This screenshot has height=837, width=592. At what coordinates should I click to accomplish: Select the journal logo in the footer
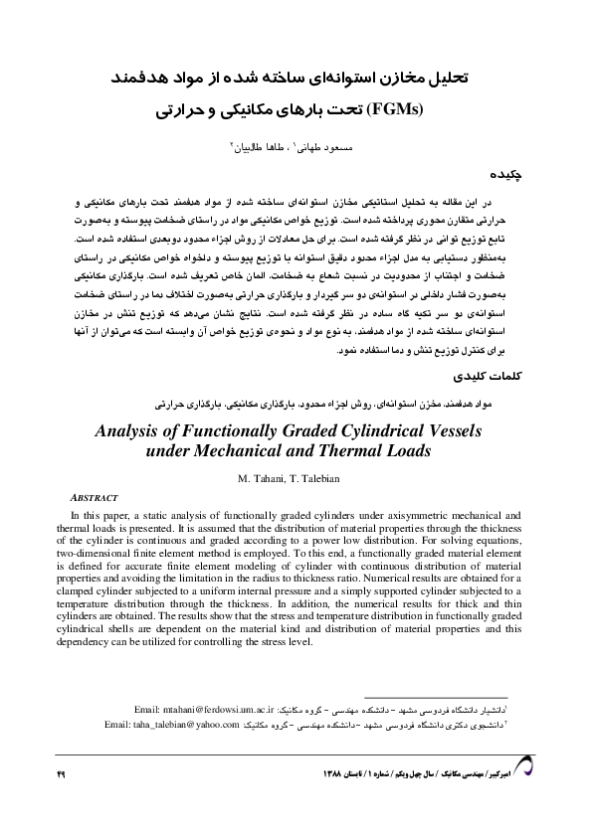[522, 765]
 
